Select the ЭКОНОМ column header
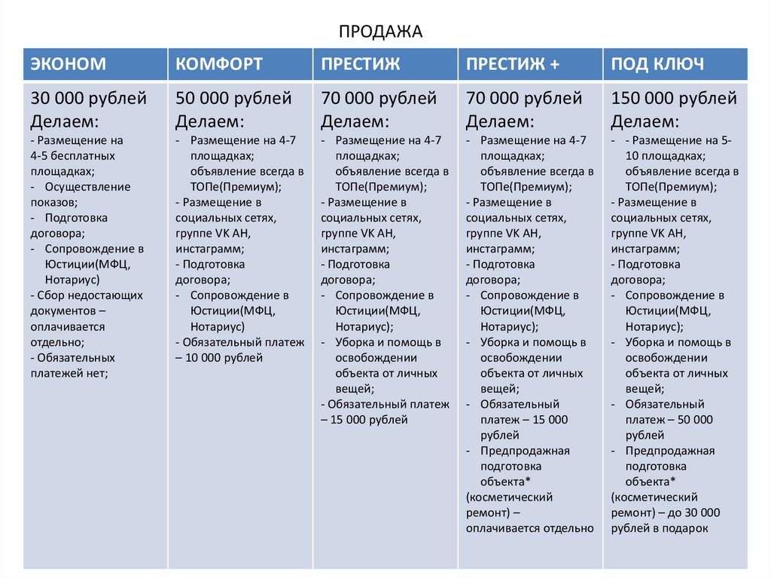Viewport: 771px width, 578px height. pos(68,64)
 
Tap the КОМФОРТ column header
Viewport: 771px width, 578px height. pos(219,64)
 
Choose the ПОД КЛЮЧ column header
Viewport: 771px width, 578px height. pos(657,64)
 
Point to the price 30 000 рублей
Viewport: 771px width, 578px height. pos(89,99)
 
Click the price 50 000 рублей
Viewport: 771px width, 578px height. pos(233,99)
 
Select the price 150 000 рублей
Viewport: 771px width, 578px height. pos(674,99)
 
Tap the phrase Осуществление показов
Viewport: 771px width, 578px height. pos(81,194)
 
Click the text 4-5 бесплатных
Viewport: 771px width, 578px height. pos(73,155)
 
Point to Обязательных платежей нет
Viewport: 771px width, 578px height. pos(73,365)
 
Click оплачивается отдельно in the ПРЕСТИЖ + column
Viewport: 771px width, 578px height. pos(529,528)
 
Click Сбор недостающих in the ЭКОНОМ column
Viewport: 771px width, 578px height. pos(87,295)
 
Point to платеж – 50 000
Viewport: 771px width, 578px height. pos(669,420)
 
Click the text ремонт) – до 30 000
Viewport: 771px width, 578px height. pos(666,513)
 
